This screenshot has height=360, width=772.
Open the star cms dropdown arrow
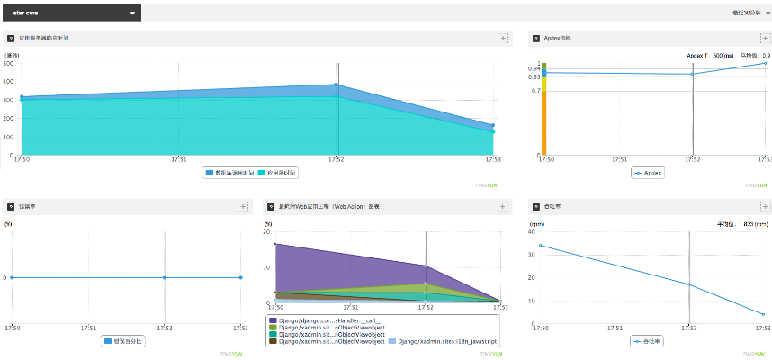point(133,13)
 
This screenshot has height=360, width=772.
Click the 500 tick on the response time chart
point(7,63)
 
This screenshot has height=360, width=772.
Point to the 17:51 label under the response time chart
point(179,159)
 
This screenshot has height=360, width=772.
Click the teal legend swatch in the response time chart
point(261,172)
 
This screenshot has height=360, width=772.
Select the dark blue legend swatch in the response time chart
point(209,172)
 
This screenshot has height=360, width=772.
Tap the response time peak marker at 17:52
point(337,85)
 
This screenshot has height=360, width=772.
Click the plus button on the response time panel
point(503,39)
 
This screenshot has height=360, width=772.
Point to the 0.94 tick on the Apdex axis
point(534,69)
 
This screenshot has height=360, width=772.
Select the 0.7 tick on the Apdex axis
point(535,91)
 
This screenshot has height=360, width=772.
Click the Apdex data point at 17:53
point(764,63)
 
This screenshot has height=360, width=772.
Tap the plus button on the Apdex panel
point(764,39)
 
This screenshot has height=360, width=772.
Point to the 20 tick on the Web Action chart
point(267,232)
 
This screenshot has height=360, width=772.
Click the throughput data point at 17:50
point(541,246)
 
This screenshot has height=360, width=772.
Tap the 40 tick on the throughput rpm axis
point(533,232)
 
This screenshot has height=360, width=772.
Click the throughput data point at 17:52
point(688,284)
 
